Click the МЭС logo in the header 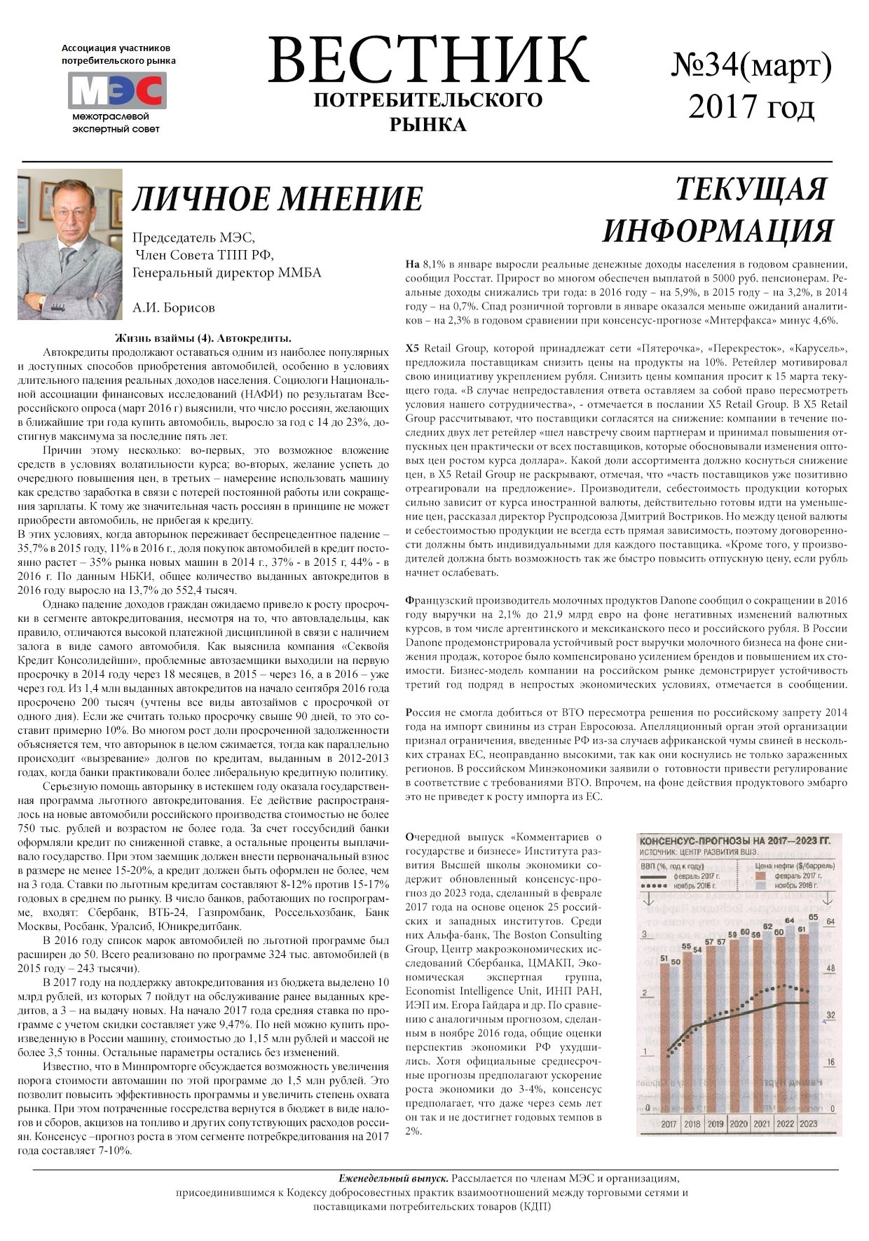(117, 91)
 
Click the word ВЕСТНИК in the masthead (427, 61)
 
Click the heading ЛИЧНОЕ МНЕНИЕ (278, 199)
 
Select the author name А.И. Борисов (174, 307)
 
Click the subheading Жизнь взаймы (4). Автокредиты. (203, 338)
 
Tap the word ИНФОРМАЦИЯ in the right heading (718, 231)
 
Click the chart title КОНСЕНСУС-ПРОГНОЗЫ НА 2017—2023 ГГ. (736, 840)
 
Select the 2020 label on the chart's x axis (738, 1123)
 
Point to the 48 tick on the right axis (831, 969)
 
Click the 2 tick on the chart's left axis (643, 994)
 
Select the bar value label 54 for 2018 (697, 950)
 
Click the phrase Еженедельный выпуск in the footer (394, 1179)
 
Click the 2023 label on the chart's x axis (808, 1123)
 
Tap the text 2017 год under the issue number (751, 107)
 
